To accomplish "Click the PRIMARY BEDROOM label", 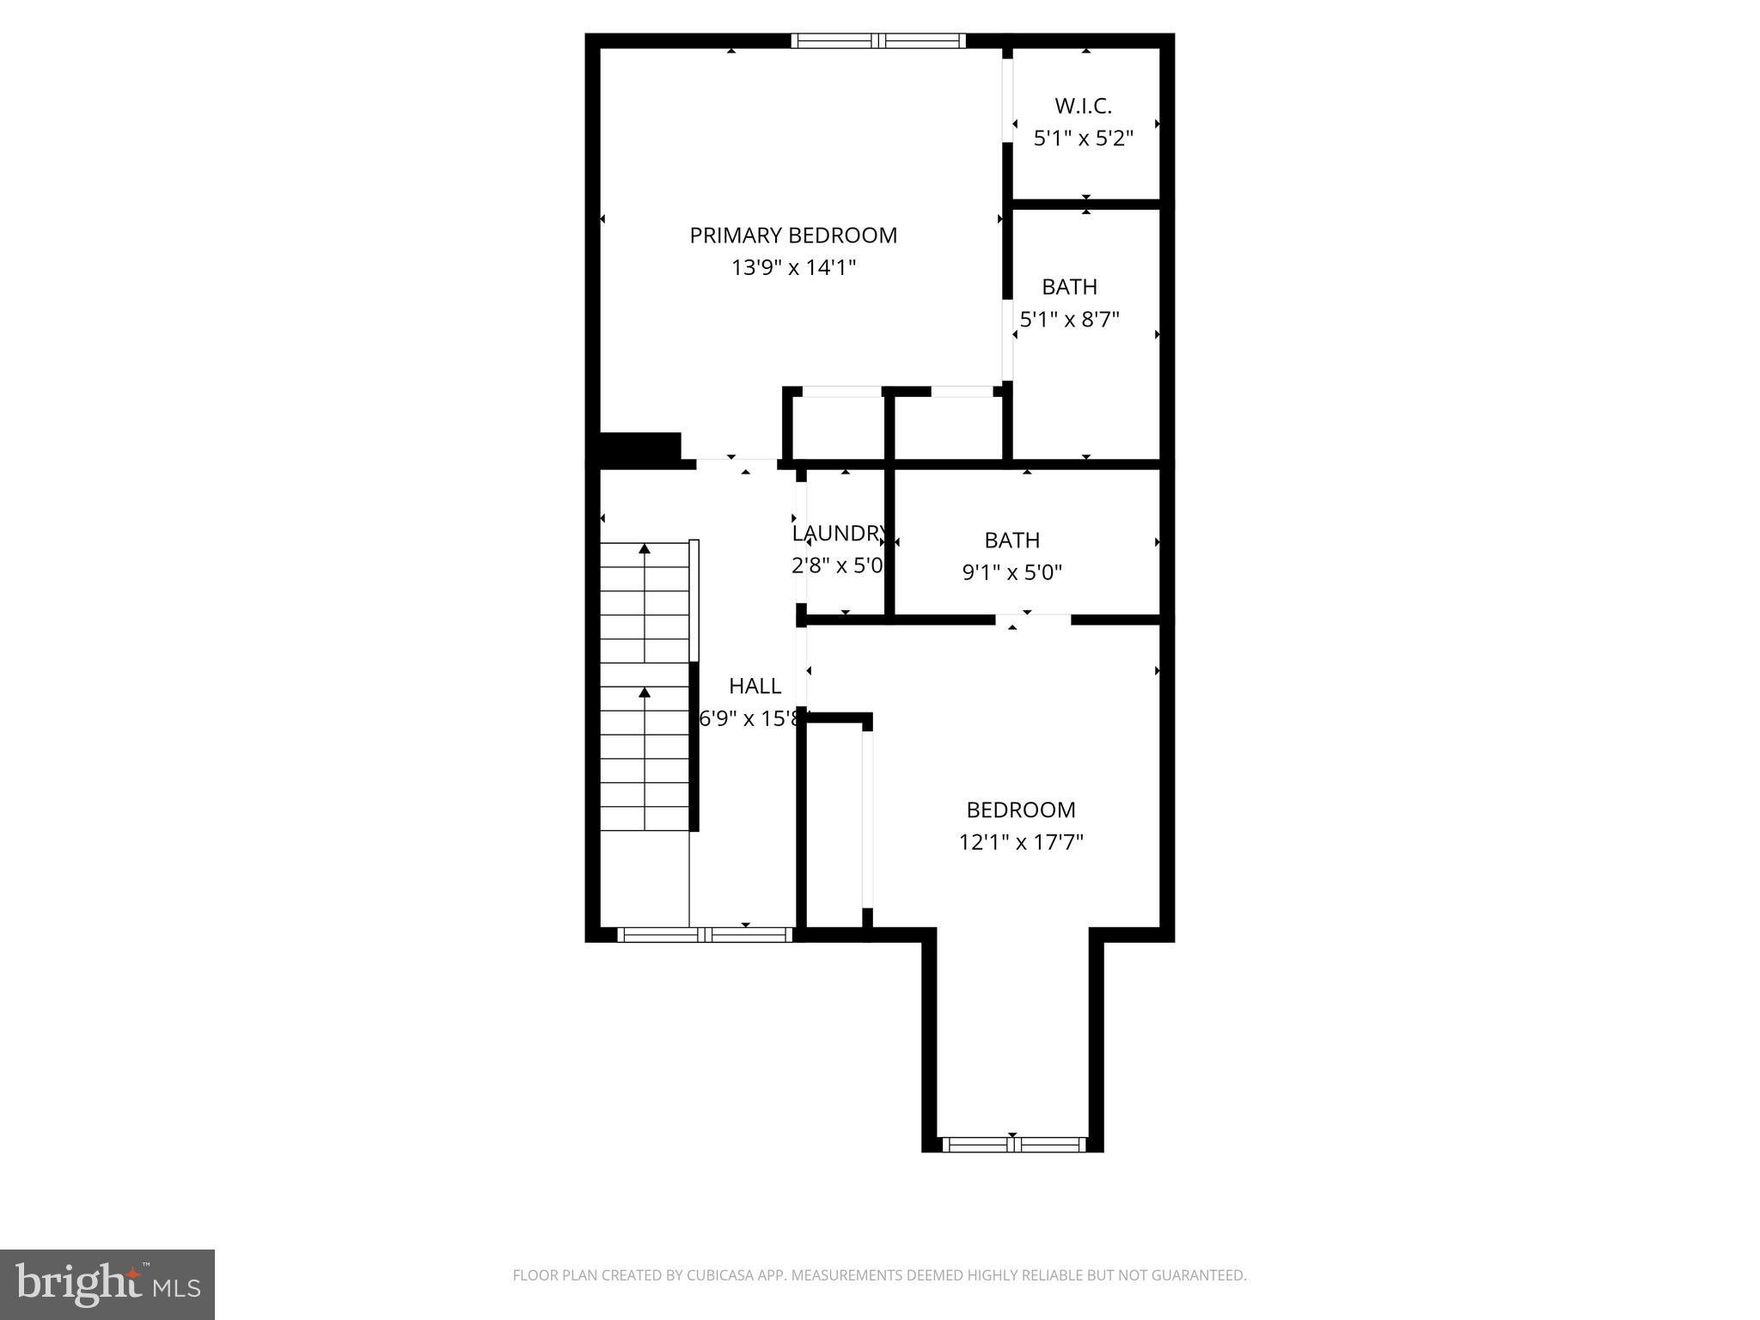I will tap(792, 235).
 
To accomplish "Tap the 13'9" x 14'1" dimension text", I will tap(792, 268).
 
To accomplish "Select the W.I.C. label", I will tap(1083, 106).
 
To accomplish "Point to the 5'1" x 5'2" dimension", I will tap(1083, 138).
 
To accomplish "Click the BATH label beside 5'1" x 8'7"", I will tap(1069, 286).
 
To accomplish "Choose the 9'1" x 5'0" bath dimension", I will tap(1011, 572).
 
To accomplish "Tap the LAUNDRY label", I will tap(838, 534).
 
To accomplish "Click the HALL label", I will tap(755, 686).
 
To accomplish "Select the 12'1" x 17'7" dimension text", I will tap(1020, 842).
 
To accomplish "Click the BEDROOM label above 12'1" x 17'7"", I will tap(1020, 810).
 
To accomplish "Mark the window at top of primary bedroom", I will tap(877, 40).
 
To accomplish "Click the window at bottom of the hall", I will tap(705, 935).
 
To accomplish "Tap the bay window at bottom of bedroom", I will tap(1013, 1145).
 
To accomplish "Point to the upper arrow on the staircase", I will tap(645, 548).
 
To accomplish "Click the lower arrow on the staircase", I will tap(645, 692).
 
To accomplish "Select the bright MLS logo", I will tap(107, 1284).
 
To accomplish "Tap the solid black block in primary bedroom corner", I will tap(639, 449).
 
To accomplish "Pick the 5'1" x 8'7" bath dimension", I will tap(1069, 320).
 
